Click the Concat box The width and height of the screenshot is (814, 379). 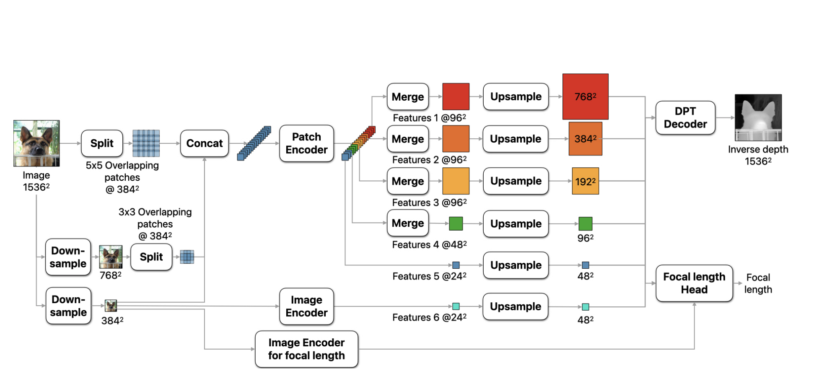tap(205, 143)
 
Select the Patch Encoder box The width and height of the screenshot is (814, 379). tap(306, 143)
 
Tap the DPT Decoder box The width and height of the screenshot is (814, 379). tap(685, 118)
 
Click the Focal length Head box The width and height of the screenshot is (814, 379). tap(694, 283)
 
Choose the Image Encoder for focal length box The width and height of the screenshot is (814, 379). tap(306, 349)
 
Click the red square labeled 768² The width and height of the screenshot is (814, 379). tap(585, 97)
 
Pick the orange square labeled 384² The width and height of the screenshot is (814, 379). tap(585, 139)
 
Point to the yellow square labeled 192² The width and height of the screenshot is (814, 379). tap(585, 181)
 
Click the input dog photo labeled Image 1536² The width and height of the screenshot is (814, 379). tap(36, 143)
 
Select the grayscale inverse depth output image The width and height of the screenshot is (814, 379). tap(758, 117)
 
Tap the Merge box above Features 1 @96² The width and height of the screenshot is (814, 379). tap(408, 97)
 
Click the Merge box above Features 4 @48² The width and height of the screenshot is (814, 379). tap(408, 223)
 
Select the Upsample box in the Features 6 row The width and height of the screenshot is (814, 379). tap(516, 306)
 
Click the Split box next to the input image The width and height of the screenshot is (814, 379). tap(102, 143)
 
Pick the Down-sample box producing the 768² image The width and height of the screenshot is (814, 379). tap(68, 257)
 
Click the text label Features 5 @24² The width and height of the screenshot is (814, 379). tap(429, 276)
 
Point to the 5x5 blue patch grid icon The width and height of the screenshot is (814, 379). tap(146, 143)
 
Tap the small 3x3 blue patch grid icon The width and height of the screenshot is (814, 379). tap(187, 257)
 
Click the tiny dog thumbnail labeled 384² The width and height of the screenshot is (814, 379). tap(111, 306)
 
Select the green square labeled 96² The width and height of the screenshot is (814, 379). tap(585, 224)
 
